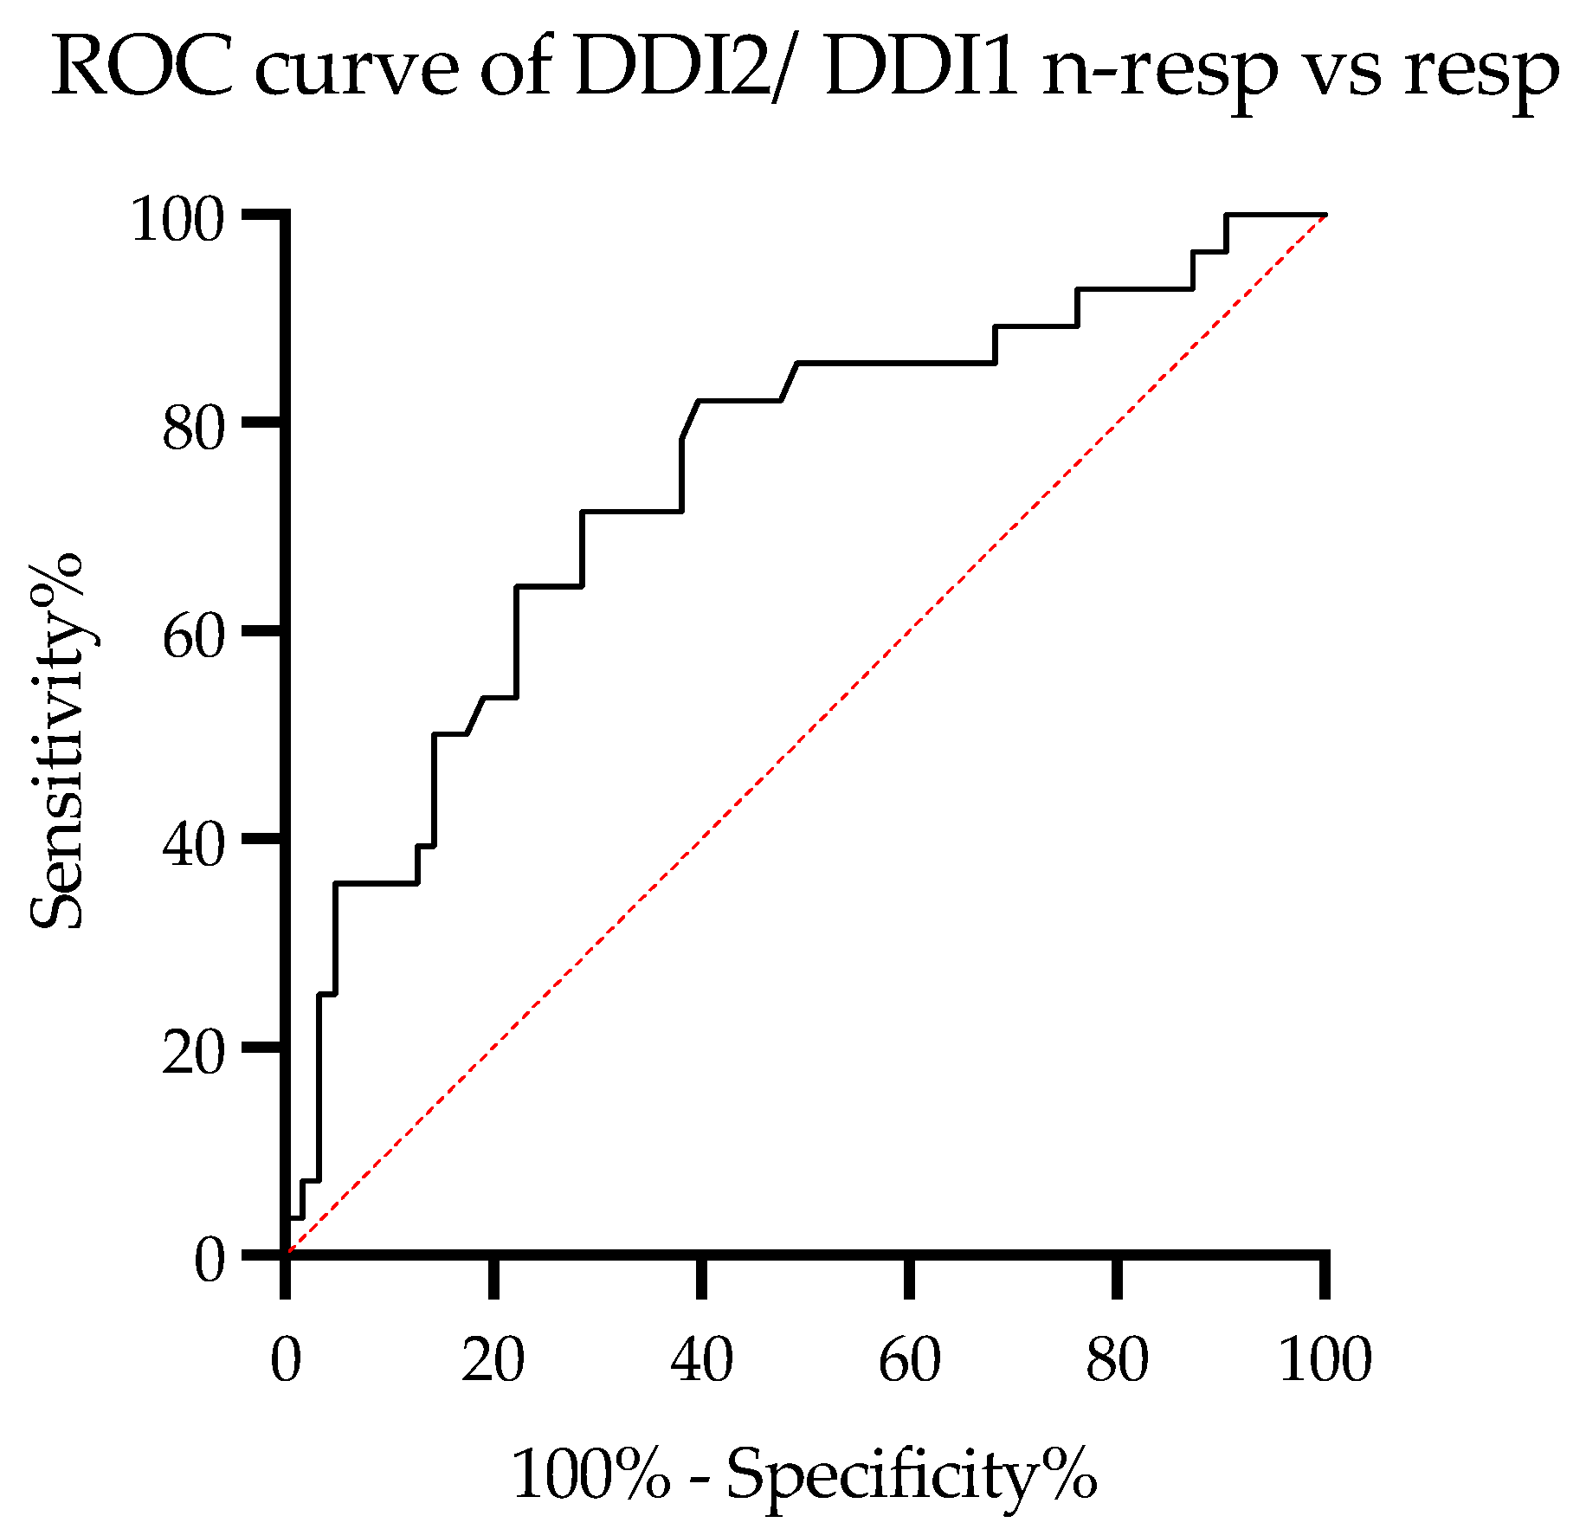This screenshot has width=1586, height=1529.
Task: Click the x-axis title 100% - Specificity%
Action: point(804,1475)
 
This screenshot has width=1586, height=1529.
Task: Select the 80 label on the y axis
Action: point(193,429)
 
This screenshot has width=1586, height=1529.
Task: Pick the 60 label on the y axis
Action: point(193,637)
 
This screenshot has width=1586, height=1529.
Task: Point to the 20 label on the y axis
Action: point(193,1053)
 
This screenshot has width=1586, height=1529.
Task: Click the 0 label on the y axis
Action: point(209,1261)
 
